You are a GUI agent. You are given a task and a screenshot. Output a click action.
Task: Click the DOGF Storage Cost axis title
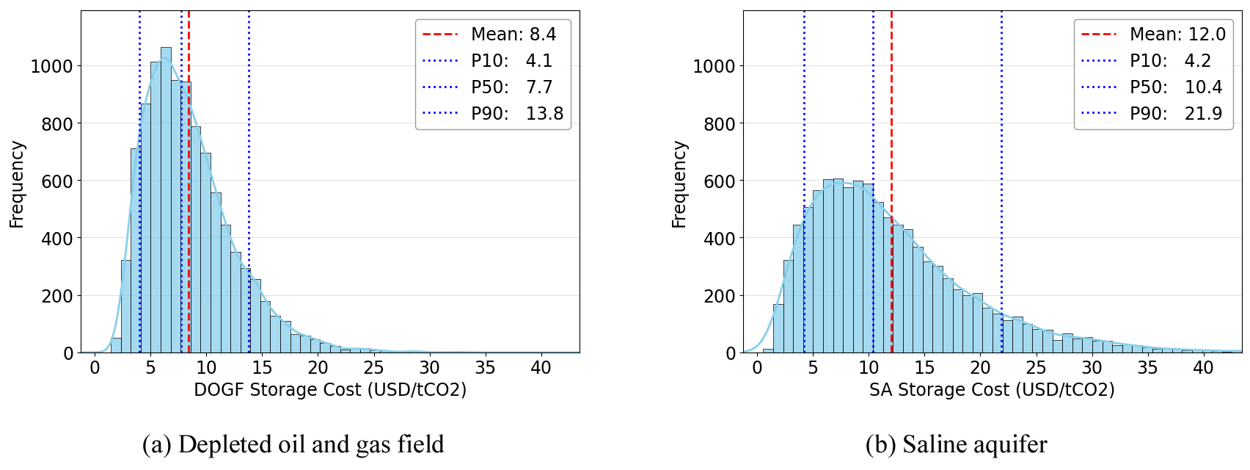[330, 389]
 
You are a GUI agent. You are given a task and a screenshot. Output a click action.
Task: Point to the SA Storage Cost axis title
[992, 389]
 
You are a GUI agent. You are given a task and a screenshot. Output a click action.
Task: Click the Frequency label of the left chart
[17, 184]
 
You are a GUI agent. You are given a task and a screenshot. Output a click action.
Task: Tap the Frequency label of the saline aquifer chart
[679, 184]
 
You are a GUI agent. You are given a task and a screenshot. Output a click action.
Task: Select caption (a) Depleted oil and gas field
[293, 444]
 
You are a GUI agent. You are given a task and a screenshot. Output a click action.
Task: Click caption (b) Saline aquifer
[956, 444]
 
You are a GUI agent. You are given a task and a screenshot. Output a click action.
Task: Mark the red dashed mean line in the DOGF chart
[189, 220]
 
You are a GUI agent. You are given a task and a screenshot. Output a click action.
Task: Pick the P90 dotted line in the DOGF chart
[249, 184]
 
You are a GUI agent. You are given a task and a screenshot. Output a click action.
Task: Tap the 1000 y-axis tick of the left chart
[51, 66]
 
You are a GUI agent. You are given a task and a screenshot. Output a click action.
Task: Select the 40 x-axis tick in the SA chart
[1203, 368]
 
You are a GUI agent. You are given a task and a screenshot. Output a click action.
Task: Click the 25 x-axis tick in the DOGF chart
[373, 368]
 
